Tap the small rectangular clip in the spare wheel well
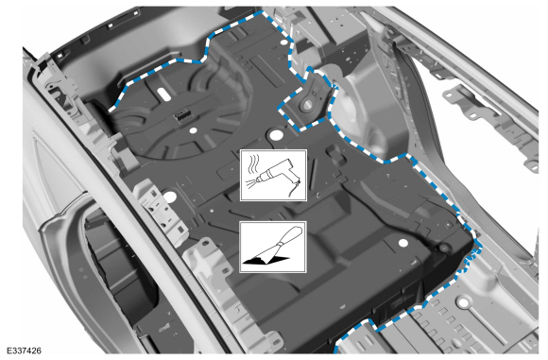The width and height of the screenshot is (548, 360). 179,114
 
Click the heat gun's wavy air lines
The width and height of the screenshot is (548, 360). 252,165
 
